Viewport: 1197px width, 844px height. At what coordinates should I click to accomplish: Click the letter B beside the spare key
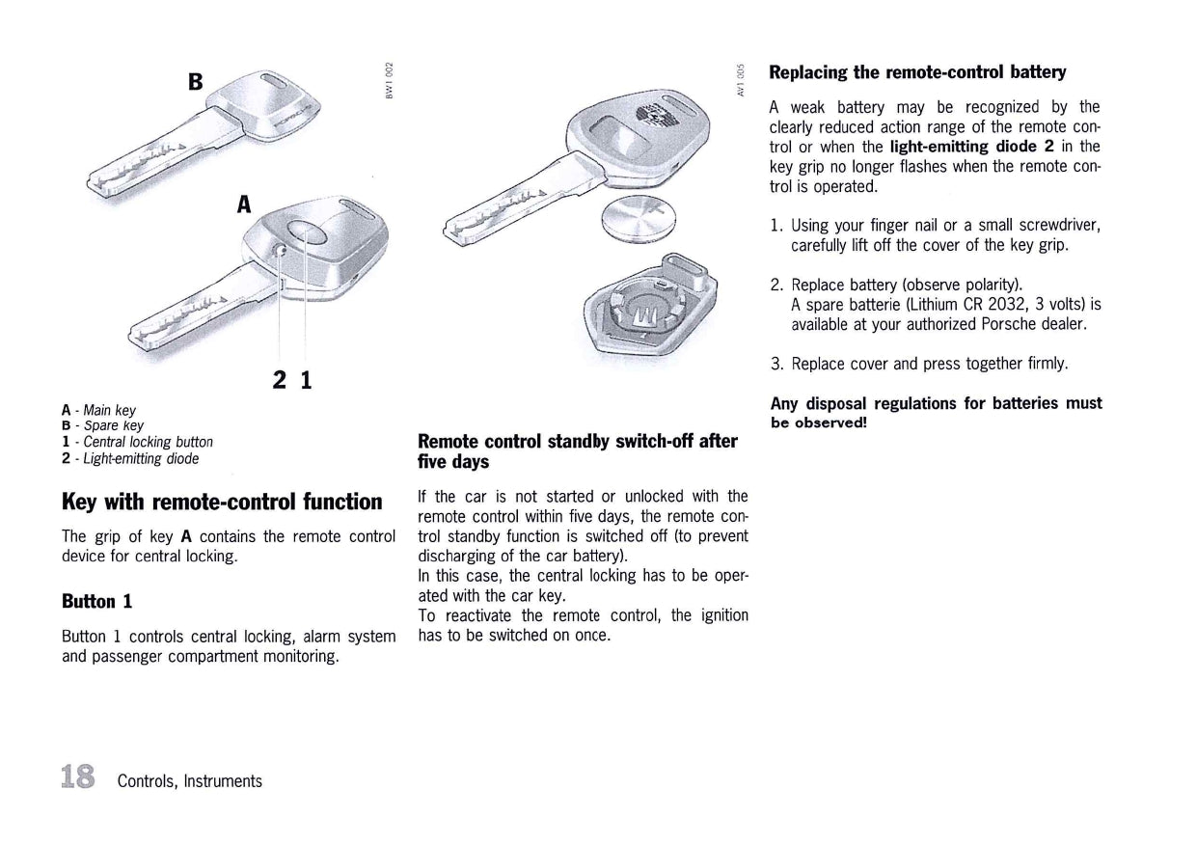point(196,81)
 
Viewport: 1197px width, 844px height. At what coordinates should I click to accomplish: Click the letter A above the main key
point(245,204)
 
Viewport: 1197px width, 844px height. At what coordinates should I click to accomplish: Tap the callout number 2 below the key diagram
point(280,380)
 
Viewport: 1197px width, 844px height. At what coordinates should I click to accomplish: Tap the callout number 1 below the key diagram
point(306,380)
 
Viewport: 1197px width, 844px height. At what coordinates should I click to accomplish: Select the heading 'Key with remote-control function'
point(222,502)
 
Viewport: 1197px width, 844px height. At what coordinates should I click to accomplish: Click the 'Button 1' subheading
point(96,601)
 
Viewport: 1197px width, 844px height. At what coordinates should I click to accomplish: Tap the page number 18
point(77,776)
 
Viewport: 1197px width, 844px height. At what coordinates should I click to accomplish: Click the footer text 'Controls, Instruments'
point(190,781)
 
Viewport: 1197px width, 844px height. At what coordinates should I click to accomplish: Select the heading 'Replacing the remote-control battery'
point(917,72)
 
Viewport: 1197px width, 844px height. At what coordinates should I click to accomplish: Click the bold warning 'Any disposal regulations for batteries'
point(936,403)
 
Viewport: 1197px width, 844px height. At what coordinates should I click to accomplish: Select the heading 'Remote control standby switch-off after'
point(577,441)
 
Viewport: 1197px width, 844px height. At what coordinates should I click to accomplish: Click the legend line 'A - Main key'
point(98,411)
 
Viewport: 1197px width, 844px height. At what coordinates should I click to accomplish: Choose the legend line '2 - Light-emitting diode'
point(130,458)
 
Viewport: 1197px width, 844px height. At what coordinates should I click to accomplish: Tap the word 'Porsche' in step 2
point(1010,324)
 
